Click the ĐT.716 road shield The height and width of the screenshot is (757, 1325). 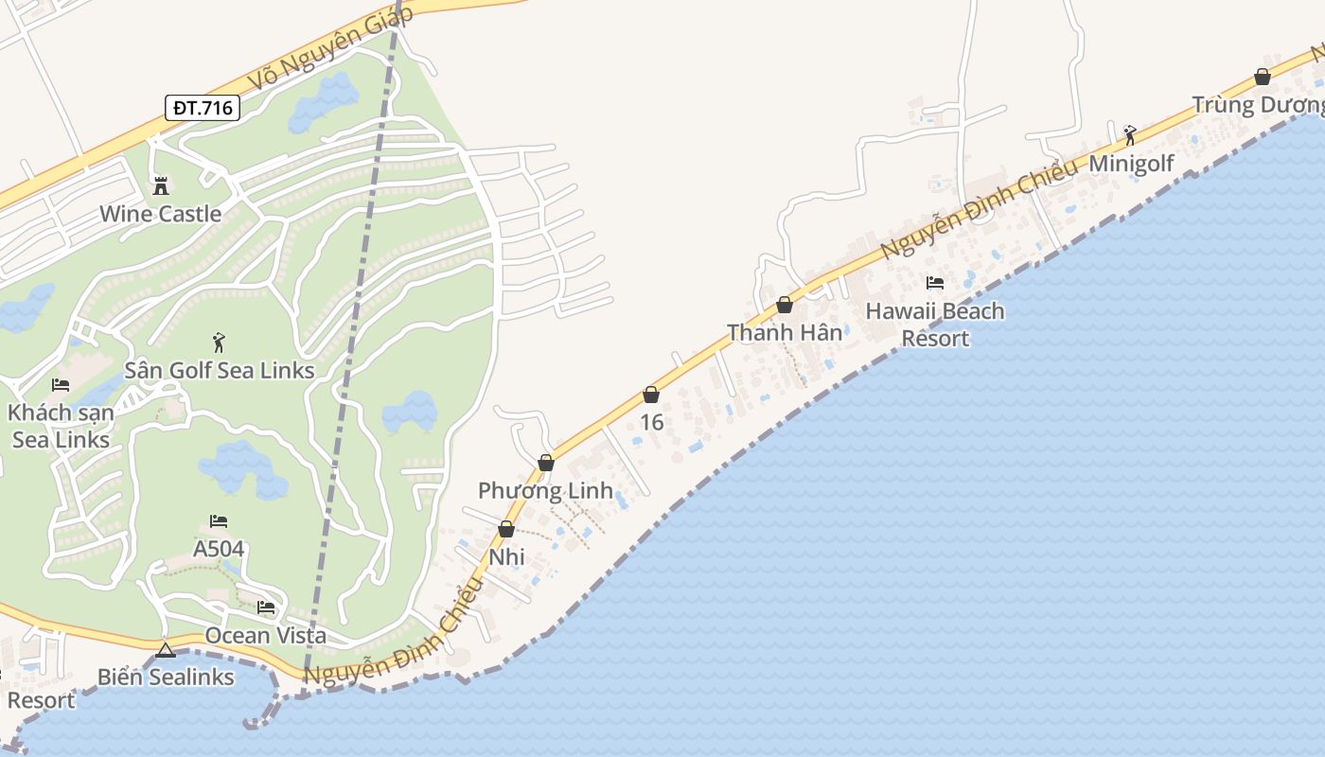tap(202, 108)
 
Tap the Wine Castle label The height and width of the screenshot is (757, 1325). tap(161, 214)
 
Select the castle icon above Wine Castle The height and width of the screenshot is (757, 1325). tap(161, 185)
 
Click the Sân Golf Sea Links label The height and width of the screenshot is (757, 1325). tap(220, 370)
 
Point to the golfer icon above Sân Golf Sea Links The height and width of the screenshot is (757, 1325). tap(220, 341)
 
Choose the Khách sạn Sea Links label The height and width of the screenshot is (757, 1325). tap(61, 426)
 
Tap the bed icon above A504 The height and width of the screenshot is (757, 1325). tap(219, 520)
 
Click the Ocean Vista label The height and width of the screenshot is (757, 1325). tap(265, 636)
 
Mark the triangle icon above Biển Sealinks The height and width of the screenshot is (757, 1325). tap(166, 650)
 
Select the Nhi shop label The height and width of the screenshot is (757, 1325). tap(507, 557)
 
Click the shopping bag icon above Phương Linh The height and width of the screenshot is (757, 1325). tap(546, 463)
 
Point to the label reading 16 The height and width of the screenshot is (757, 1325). tap(651, 422)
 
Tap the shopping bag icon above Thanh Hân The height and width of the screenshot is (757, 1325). tap(785, 305)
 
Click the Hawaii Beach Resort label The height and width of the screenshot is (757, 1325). tap(935, 325)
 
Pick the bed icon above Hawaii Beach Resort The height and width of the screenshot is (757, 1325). tap(935, 282)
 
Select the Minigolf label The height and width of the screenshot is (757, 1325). tap(1131, 164)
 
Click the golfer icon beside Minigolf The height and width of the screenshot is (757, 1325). tap(1129, 134)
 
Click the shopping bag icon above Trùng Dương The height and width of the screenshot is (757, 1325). tap(1263, 77)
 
